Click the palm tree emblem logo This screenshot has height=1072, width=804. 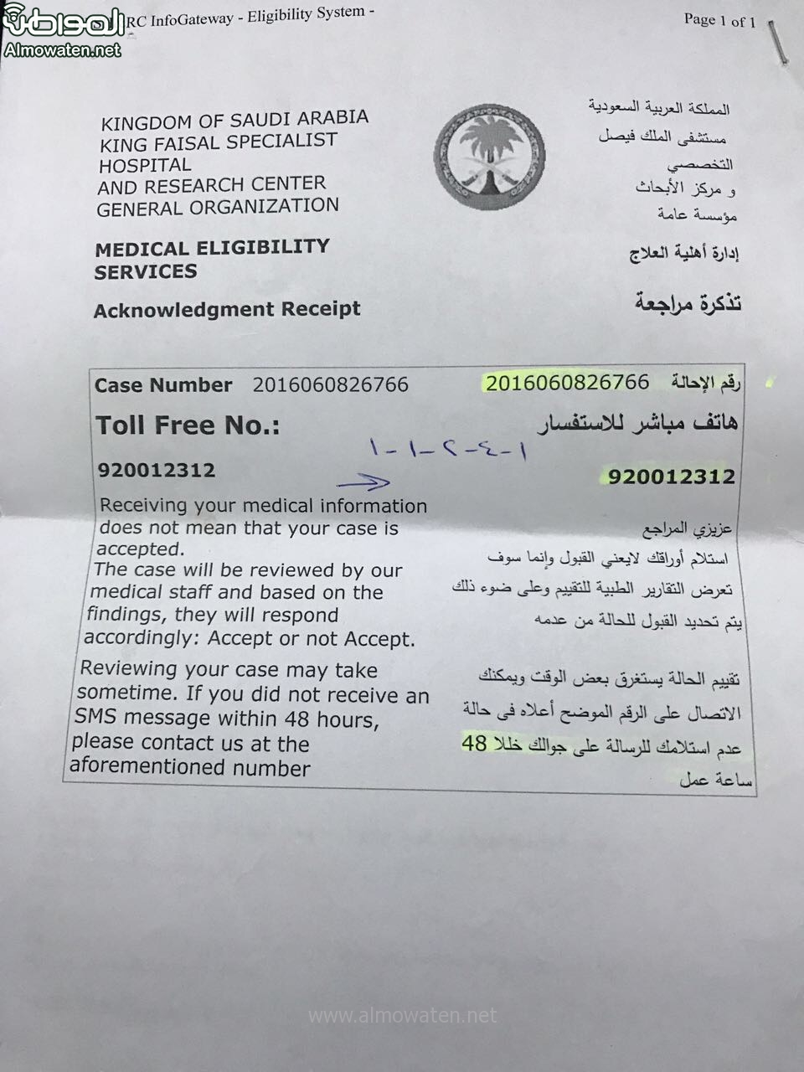pos(489,157)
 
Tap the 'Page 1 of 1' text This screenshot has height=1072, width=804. pos(719,20)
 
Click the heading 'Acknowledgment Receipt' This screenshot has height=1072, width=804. pos(227,309)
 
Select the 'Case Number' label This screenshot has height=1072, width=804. pos(163,385)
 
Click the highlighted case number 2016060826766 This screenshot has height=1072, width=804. pos(567,383)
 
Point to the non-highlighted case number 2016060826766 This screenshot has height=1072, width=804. pos(330,385)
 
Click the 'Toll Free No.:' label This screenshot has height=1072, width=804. pos(188,425)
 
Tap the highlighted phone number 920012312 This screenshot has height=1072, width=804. pos(672,477)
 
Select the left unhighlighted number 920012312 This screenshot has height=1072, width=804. pos(157,471)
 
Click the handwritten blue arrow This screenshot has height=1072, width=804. pos(364,482)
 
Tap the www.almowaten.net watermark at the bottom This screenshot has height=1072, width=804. pos(402,1016)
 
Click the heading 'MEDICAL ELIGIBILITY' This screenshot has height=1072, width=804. pos(212,248)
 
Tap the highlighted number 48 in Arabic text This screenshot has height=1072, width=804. pos(474,743)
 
